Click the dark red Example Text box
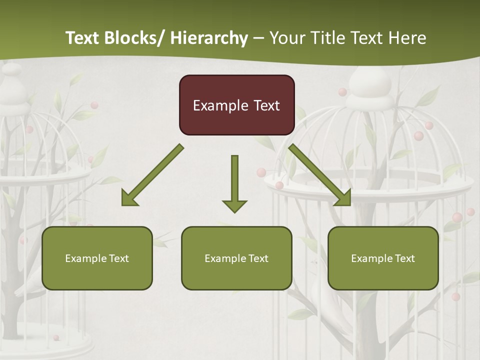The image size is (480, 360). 236,105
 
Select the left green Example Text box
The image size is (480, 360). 97,258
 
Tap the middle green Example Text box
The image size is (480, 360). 236,258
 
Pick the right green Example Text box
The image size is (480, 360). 383,258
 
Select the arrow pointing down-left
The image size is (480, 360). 152,175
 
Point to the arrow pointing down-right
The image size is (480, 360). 320,175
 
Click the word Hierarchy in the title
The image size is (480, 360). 209,38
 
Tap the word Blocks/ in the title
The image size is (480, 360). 135,38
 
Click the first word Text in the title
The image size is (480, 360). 83,38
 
